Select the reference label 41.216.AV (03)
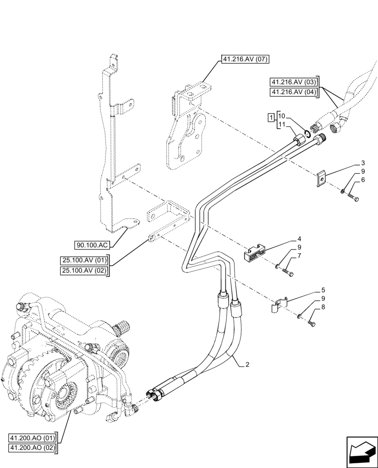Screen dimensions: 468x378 click(x=293, y=81)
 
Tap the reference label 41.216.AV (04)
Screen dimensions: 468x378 click(x=293, y=92)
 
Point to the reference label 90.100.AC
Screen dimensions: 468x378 click(x=92, y=245)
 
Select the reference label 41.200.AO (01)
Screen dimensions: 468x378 click(x=32, y=438)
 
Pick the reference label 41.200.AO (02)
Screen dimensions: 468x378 click(x=32, y=448)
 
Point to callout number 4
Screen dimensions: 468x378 click(x=299, y=239)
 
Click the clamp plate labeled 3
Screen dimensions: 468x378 click(x=320, y=178)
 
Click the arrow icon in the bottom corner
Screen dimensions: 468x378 click(x=361, y=451)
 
